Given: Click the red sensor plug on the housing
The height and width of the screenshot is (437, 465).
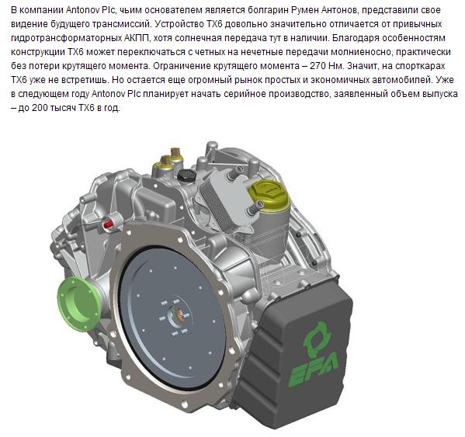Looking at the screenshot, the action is point(109,223).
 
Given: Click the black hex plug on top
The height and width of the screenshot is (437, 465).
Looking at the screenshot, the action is point(186,175).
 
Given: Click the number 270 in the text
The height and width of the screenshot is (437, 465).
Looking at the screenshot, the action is point(318,65).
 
